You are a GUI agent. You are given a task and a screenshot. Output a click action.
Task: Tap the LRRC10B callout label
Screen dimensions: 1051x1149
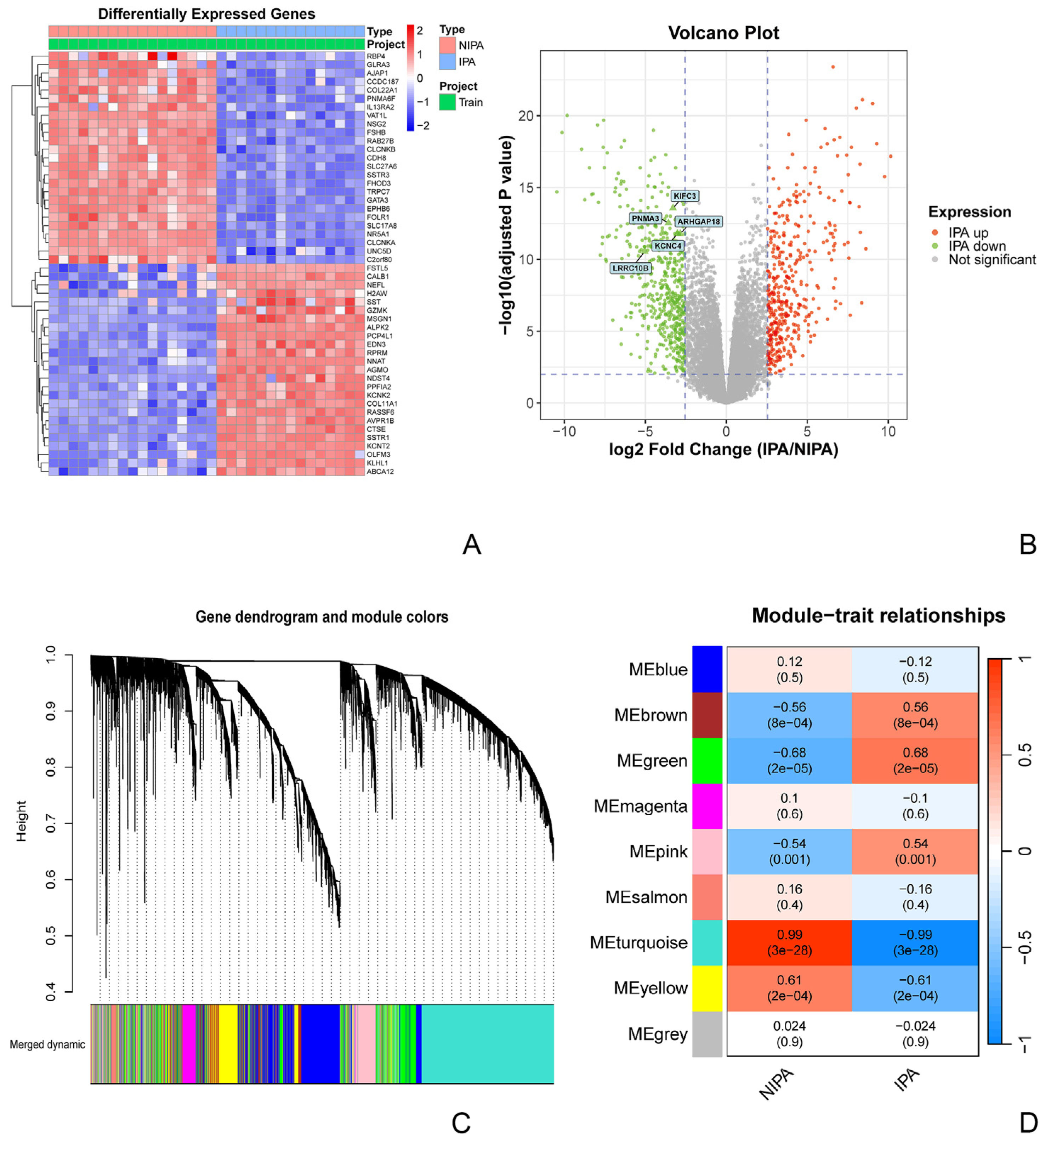tap(630, 268)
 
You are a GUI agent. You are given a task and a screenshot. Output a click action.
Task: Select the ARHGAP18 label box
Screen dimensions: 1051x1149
tap(698, 221)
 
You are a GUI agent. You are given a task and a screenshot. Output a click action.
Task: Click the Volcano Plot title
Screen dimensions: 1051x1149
tap(723, 33)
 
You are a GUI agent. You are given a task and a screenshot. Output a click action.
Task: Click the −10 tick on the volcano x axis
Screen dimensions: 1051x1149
tap(564, 432)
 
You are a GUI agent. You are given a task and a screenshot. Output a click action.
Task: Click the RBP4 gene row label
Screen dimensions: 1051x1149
tap(376, 56)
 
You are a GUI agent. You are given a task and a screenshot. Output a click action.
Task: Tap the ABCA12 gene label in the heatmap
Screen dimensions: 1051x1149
tap(380, 471)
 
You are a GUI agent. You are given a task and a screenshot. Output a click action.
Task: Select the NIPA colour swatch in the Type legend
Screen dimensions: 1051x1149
tap(447, 45)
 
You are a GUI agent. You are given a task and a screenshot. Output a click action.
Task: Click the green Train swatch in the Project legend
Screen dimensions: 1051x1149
tap(447, 102)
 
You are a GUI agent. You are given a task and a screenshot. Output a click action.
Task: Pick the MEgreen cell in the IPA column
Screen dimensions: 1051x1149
tap(915, 760)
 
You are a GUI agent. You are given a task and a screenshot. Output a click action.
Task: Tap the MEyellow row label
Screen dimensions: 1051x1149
tap(651, 988)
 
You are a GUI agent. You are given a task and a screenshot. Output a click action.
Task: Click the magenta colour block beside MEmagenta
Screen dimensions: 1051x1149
tap(707, 806)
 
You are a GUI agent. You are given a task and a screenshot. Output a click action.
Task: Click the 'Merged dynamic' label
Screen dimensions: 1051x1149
tap(47, 1044)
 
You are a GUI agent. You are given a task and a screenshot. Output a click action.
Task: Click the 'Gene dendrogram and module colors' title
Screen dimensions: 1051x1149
tap(322, 617)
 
